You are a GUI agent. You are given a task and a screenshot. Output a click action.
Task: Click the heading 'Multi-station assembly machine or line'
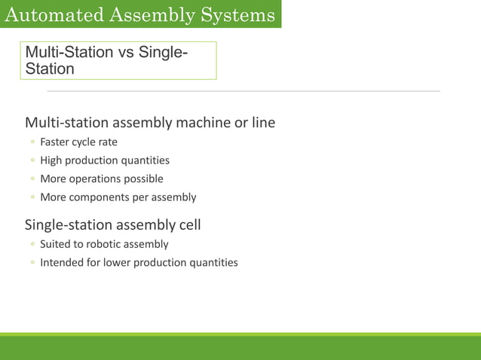[x=150, y=122]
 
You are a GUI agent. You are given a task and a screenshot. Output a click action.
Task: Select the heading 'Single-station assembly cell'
[x=112, y=224]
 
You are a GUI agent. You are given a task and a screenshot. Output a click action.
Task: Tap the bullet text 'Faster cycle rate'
[x=78, y=142]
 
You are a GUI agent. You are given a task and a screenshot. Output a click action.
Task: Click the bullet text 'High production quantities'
[x=104, y=160]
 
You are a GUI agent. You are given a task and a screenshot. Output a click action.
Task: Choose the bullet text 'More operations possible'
[x=101, y=178]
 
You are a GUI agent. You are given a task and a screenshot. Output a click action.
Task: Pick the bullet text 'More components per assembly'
[x=118, y=197]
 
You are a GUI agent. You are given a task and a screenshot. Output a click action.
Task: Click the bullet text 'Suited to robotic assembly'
[x=104, y=244]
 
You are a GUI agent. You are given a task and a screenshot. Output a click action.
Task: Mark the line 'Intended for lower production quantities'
[x=139, y=263]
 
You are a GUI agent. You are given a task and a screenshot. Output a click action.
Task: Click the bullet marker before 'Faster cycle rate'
[x=32, y=142]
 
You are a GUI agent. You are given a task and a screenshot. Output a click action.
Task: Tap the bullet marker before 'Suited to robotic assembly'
[x=32, y=245]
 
